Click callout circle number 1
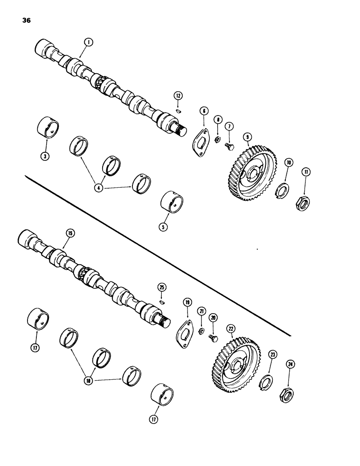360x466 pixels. pos(88,42)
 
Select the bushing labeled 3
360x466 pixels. pos(48,128)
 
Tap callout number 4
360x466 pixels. pos(98,188)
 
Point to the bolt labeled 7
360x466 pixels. pos(229,146)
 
